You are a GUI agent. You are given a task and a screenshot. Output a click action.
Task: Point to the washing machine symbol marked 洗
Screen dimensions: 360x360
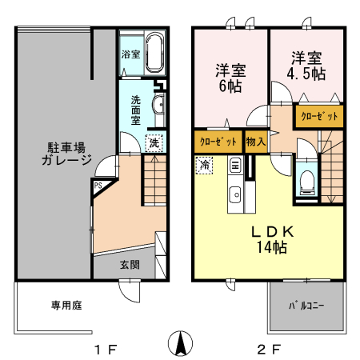(153, 143)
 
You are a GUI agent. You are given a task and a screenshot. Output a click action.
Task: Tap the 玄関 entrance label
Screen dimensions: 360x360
(130, 264)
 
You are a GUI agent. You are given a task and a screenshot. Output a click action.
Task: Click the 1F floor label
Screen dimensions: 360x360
(105, 349)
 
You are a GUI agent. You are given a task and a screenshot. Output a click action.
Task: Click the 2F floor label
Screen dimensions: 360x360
(269, 349)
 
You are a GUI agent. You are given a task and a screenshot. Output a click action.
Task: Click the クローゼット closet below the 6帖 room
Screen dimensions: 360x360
(217, 142)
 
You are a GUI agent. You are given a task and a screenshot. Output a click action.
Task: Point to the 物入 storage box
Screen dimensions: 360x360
(257, 142)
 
